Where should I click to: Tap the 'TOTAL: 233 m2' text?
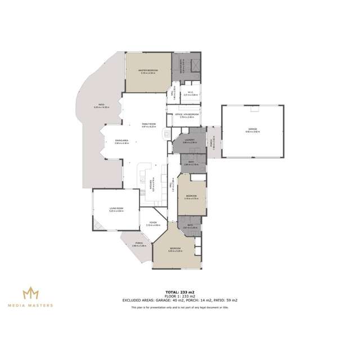coord(180,292)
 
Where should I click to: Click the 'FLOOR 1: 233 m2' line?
coord(180,296)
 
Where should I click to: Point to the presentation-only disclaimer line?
coord(180,308)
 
